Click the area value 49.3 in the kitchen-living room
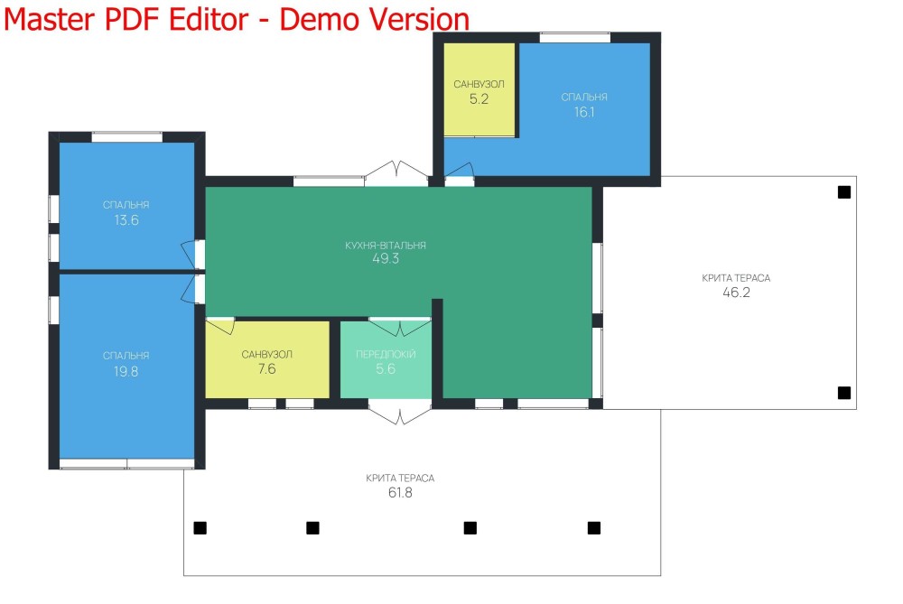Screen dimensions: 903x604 click(386, 258)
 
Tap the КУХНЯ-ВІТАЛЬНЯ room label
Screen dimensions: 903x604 click(386, 246)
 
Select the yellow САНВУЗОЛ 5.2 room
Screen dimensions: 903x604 click(479, 89)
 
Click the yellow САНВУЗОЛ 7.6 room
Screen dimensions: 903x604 click(267, 359)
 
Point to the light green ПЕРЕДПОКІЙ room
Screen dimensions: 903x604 click(386, 359)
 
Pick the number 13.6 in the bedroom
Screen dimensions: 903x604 click(126, 220)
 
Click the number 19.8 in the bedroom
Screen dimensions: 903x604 click(126, 371)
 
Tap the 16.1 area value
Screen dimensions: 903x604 click(584, 112)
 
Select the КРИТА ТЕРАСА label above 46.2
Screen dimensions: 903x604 click(736, 278)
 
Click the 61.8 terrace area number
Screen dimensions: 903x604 click(400, 493)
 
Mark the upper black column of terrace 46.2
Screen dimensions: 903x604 click(844, 192)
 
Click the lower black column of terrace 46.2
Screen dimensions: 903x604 click(844, 393)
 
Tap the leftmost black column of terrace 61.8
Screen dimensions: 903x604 click(200, 528)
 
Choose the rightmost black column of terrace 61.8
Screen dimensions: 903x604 click(594, 528)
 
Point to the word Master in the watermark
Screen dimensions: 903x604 click(50, 19)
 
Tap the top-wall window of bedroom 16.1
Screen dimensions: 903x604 click(574, 37)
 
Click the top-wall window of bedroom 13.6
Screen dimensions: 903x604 click(127, 137)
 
